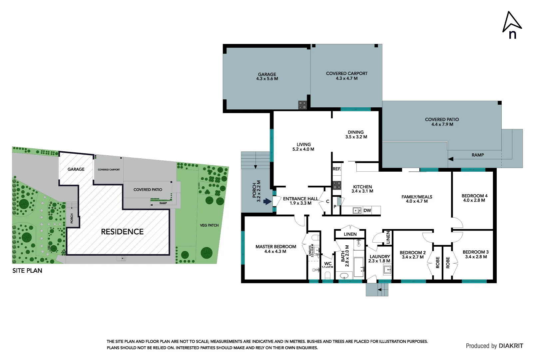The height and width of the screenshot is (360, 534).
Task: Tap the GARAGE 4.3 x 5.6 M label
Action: point(267,77)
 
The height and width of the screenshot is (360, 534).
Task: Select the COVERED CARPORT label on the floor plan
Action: point(346,74)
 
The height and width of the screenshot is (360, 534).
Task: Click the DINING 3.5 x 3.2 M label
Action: point(356,134)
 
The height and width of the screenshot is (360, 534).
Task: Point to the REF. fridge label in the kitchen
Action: point(337,169)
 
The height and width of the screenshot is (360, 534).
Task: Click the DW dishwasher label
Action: point(367,210)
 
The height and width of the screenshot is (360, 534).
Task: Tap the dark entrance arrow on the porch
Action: point(267,201)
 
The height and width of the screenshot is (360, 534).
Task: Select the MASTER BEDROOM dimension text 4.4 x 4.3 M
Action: point(275,252)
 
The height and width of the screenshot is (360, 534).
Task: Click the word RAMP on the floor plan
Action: point(477,155)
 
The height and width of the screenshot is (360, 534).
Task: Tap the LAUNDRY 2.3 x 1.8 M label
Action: point(379,259)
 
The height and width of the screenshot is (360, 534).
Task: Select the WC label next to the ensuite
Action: point(328,263)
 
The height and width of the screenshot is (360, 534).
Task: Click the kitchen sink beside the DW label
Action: point(357,210)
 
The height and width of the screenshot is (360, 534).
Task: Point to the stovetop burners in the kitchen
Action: point(337,185)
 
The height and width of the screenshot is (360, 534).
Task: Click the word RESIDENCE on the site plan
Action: point(122,232)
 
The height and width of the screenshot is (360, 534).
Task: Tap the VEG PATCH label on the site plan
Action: point(209,225)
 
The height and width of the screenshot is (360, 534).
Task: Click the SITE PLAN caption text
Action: point(27,271)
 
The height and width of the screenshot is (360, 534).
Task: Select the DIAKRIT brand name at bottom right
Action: point(511,346)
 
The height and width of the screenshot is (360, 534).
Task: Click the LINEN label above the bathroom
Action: point(350,234)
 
